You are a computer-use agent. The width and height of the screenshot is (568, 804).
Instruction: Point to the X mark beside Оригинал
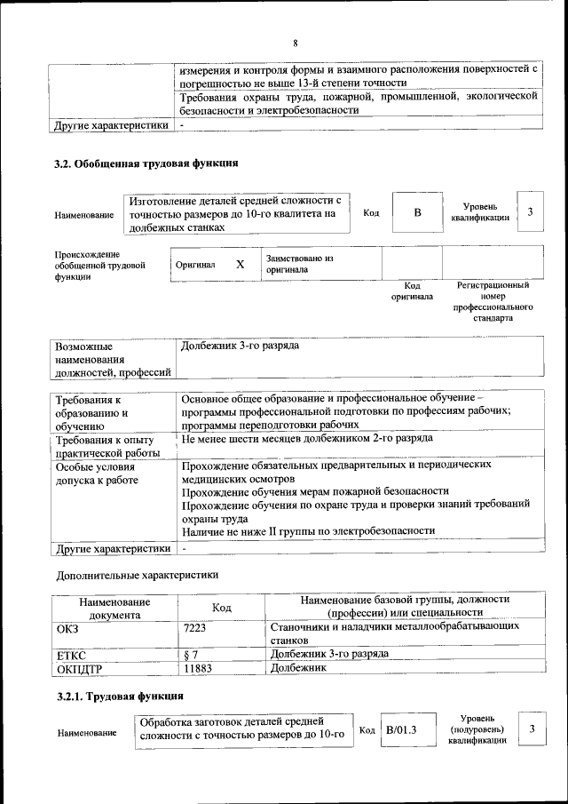tap(240, 265)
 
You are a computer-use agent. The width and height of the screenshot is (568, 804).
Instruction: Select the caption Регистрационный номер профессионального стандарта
tap(493, 301)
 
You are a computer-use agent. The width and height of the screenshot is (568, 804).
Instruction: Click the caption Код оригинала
tap(412, 291)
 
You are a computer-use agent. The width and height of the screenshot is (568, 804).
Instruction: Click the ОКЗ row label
tap(67, 628)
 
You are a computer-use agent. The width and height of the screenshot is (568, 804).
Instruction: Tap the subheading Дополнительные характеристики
tap(136, 575)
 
